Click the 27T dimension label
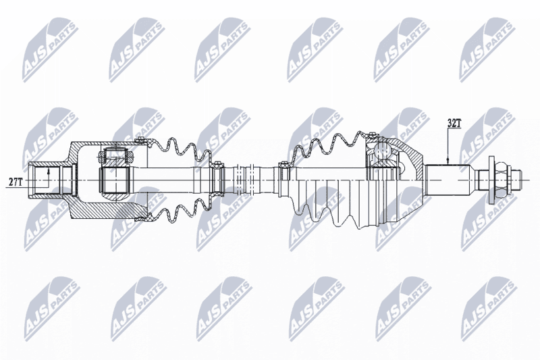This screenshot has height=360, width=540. (15, 182)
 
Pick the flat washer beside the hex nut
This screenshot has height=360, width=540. (491, 180)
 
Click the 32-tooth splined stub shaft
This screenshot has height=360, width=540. (448, 180)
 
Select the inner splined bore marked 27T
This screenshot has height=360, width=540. (44, 180)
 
